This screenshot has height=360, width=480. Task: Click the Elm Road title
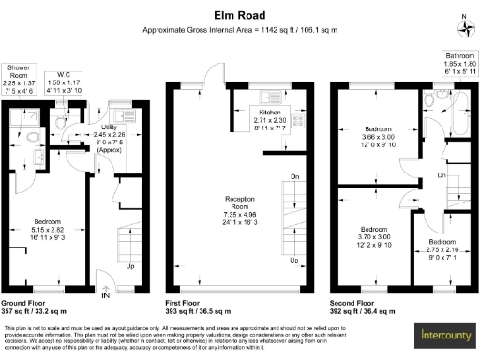[239, 15]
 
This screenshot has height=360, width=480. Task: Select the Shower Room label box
[19, 79]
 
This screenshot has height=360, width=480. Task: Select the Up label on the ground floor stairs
[129, 266]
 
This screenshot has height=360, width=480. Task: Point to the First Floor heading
[185, 304]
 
